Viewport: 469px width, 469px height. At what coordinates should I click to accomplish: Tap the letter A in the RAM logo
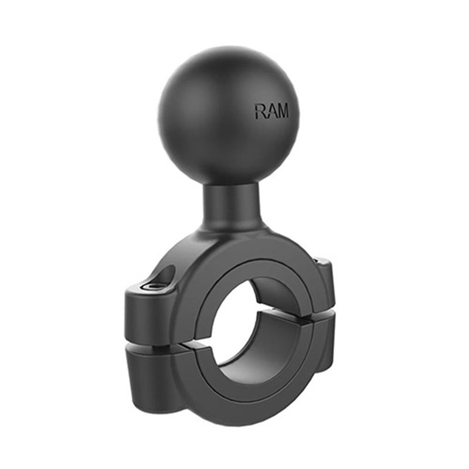click(271, 111)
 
